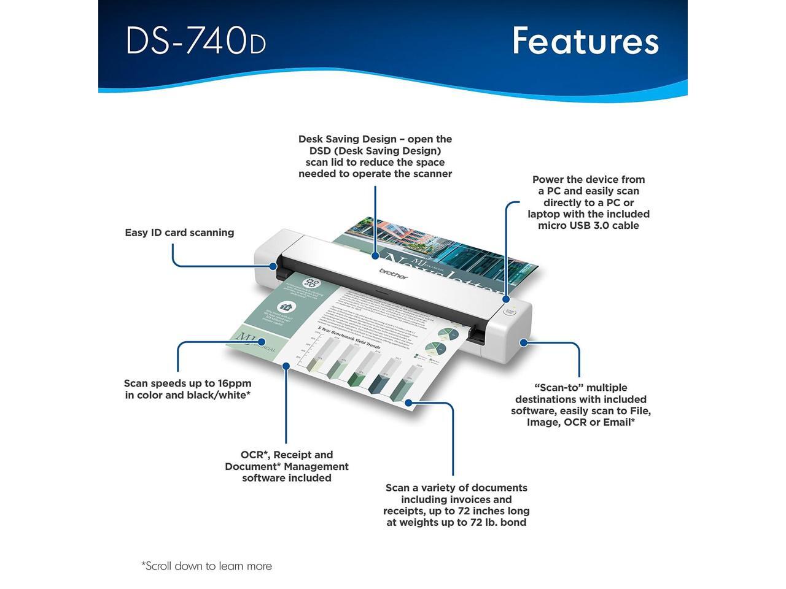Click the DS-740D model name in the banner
(195, 41)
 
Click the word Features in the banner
(585, 41)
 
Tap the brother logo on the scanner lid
(393, 274)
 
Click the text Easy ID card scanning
(179, 233)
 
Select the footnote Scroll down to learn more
(206, 566)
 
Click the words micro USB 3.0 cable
(588, 226)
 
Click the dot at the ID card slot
(273, 266)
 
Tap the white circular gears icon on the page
(312, 283)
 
